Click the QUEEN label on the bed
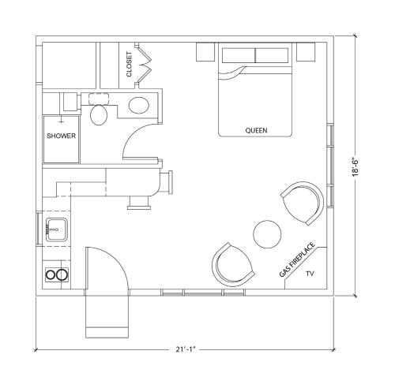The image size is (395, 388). click(x=256, y=130)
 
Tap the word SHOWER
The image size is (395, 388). click(x=61, y=136)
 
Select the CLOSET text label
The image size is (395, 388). click(x=129, y=65)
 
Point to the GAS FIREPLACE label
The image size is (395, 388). click(x=297, y=259)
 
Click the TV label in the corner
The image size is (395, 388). click(x=310, y=274)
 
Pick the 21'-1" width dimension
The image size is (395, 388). click(x=186, y=349)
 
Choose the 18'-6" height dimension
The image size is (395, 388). click(x=356, y=166)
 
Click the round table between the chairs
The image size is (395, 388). click(x=267, y=234)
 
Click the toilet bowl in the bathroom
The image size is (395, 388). click(x=99, y=115)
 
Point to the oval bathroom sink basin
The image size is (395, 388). click(x=139, y=106)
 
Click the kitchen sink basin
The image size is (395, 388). click(x=57, y=229)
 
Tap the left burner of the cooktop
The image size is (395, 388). click(x=51, y=274)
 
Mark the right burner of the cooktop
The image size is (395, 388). click(x=62, y=274)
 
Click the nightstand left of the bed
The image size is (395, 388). click(x=205, y=52)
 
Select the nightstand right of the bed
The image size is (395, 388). click(x=306, y=51)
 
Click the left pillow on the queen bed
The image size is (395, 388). click(x=239, y=55)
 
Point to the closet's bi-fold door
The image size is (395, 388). click(x=144, y=65)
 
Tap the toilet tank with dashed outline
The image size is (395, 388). click(x=99, y=99)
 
